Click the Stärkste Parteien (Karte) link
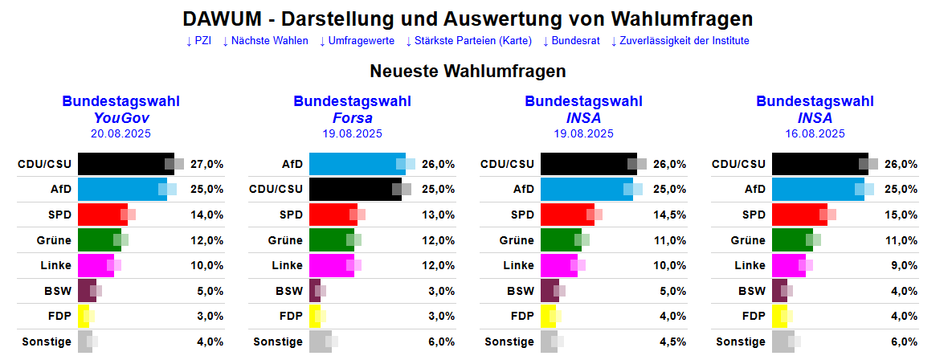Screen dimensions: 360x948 468,41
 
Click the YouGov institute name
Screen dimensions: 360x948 121,118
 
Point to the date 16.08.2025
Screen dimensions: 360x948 815,134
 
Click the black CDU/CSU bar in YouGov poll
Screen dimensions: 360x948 125,164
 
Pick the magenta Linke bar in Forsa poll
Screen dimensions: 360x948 331,265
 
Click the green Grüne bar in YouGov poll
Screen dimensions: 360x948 99,239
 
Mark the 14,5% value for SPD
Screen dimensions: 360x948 670,215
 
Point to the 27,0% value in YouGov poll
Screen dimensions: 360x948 207,164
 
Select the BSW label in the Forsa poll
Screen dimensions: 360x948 289,291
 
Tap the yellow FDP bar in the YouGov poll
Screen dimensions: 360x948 84,316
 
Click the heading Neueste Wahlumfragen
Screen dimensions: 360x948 468,72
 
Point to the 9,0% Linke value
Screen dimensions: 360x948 901,265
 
